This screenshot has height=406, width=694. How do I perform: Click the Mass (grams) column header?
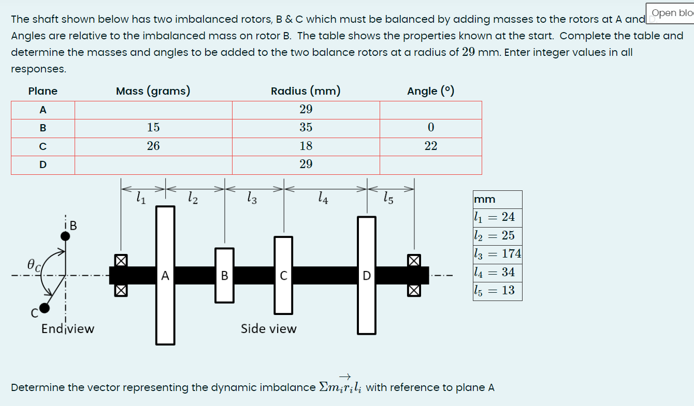point(153,92)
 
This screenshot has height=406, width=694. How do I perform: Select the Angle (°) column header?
point(430,92)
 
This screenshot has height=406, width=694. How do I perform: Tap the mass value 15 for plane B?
point(153,128)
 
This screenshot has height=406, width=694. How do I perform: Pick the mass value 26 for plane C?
point(153,146)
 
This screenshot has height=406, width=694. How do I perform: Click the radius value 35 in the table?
point(306,128)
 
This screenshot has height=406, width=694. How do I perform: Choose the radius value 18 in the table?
point(306,146)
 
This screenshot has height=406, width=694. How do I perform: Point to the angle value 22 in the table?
point(430,146)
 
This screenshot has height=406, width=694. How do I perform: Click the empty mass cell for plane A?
point(153,110)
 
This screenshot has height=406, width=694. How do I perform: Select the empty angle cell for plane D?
point(430,164)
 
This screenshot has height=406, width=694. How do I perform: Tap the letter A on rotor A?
point(165,276)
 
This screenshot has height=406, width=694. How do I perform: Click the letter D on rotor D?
point(366,276)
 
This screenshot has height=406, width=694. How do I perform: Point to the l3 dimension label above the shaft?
point(252,197)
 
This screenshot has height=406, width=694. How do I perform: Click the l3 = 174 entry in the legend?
point(497,254)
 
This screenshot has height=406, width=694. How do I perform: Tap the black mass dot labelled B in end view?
point(65,236)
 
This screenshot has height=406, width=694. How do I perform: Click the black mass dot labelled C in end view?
point(45,308)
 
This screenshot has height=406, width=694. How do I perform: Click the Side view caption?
point(268,329)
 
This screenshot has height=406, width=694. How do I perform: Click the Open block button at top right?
point(671,13)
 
